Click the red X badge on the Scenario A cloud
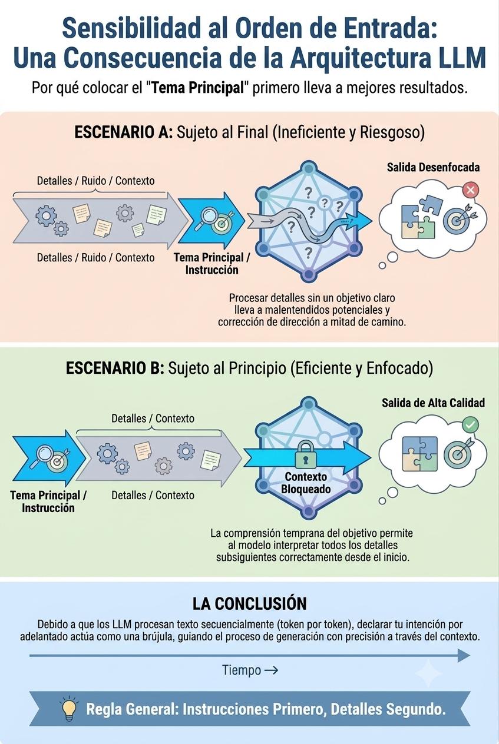470,190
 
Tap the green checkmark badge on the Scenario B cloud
470,425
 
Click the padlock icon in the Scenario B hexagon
305,454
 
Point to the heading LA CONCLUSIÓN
249,603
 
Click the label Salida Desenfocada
433,167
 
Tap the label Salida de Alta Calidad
433,403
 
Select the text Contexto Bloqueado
306,483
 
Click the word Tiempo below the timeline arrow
242,670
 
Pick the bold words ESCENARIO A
123,132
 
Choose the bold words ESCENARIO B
115,368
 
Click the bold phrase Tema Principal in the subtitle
198,88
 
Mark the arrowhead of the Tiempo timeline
464,656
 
